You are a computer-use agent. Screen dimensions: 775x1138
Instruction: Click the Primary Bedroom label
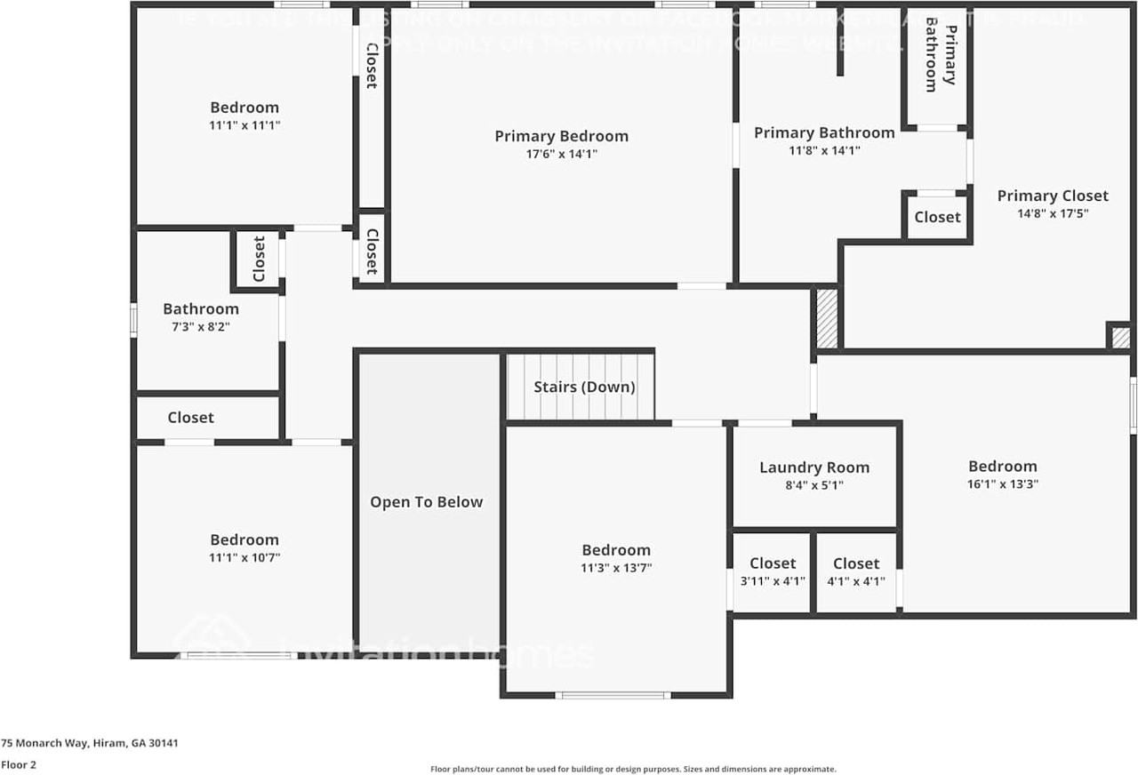pyautogui.click(x=561, y=136)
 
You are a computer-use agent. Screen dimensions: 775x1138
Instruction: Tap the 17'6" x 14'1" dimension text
pyautogui.click(x=561, y=154)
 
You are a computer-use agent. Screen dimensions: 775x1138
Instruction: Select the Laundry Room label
pyautogui.click(x=814, y=467)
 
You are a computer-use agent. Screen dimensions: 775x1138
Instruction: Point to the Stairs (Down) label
pyautogui.click(x=584, y=387)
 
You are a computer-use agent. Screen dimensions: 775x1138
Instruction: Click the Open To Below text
pyautogui.click(x=427, y=502)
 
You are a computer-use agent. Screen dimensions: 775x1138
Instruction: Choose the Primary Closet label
pyautogui.click(x=1053, y=196)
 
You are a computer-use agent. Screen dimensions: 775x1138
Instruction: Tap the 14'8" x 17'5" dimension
pyautogui.click(x=1053, y=213)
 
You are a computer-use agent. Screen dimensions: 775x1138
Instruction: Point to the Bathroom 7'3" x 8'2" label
pyautogui.click(x=201, y=309)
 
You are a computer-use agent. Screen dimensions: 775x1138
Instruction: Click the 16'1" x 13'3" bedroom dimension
pyautogui.click(x=1003, y=484)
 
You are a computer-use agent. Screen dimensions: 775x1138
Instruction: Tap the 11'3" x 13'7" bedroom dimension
pyautogui.click(x=616, y=568)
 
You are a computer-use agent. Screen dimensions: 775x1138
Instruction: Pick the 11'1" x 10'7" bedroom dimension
pyautogui.click(x=244, y=557)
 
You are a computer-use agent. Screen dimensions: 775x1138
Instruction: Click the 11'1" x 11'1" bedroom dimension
pyautogui.click(x=244, y=125)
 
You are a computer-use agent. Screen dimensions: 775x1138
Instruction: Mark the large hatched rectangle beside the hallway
pyautogui.click(x=827, y=317)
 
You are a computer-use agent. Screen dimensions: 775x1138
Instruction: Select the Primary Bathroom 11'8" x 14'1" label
pyautogui.click(x=824, y=133)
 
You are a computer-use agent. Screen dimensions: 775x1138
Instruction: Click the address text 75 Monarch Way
pyautogui.click(x=90, y=743)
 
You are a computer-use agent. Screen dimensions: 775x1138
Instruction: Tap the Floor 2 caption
pyautogui.click(x=19, y=764)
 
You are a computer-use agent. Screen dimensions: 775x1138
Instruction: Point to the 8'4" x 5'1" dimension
pyautogui.click(x=814, y=485)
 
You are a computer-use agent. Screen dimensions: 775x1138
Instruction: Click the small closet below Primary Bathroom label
pyautogui.click(x=937, y=217)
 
